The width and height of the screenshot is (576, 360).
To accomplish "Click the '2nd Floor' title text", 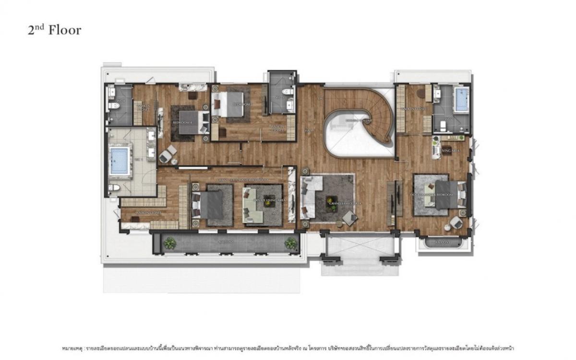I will click(x=54, y=30).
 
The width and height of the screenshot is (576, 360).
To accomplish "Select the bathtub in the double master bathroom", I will click(x=461, y=99).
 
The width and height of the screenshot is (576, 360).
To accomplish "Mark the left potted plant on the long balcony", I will click(x=169, y=243).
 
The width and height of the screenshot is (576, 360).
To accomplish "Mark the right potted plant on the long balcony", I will click(x=290, y=243).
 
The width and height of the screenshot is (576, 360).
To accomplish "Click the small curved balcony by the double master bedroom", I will click(x=441, y=243).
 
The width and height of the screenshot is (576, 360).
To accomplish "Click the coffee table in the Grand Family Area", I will click(x=331, y=198).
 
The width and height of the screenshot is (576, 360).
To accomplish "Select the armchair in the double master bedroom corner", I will click(x=456, y=222).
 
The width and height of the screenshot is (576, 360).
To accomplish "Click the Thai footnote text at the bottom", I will click(x=288, y=347).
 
